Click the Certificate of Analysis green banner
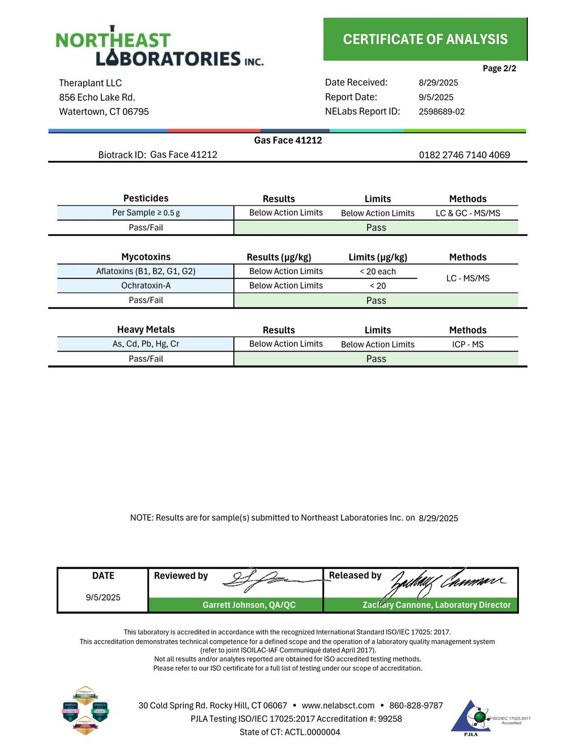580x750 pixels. [425, 39]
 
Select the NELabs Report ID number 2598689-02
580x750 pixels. [441, 112]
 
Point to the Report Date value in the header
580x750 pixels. [436, 97]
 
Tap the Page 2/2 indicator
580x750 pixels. [499, 68]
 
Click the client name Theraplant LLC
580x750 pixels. [90, 83]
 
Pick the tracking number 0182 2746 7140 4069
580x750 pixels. [464, 155]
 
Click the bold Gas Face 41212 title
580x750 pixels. [288, 140]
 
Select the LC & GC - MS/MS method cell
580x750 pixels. [467, 213]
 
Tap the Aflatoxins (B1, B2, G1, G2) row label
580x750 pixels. [146, 271]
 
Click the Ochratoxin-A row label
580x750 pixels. [146, 286]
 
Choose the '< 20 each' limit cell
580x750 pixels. [377, 272]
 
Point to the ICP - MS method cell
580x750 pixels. [467, 344]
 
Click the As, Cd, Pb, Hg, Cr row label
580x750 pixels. [146, 344]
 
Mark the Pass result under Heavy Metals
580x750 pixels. [376, 359]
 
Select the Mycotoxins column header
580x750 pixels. [146, 257]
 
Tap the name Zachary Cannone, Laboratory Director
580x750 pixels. [436, 605]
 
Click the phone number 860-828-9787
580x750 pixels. [416, 705]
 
